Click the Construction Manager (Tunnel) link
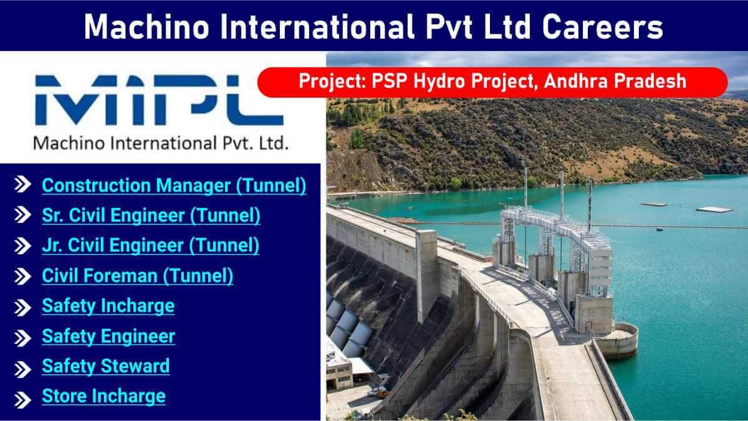(x=174, y=186)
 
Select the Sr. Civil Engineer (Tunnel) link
(x=151, y=215)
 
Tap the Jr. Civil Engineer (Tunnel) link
(x=150, y=245)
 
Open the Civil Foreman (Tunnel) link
(x=137, y=275)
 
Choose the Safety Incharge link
(x=108, y=306)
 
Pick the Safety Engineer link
(x=108, y=336)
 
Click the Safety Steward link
(x=105, y=366)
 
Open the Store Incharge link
(x=103, y=396)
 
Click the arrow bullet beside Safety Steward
(x=23, y=367)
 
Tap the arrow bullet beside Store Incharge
(x=23, y=397)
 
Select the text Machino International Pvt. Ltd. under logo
(x=161, y=144)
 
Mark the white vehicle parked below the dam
(x=378, y=392)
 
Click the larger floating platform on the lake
(x=714, y=209)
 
